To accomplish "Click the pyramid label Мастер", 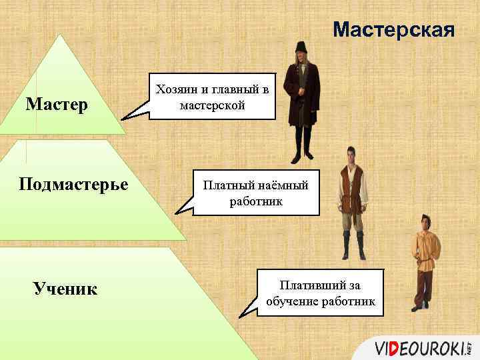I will click(57, 105).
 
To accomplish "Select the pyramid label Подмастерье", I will click(74, 183).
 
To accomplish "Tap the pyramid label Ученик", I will click(65, 289).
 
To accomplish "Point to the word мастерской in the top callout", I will click(212, 105).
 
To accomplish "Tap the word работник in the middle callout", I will click(256, 200).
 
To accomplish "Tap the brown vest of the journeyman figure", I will click(351, 187).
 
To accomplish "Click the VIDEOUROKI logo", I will click(419, 347).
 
